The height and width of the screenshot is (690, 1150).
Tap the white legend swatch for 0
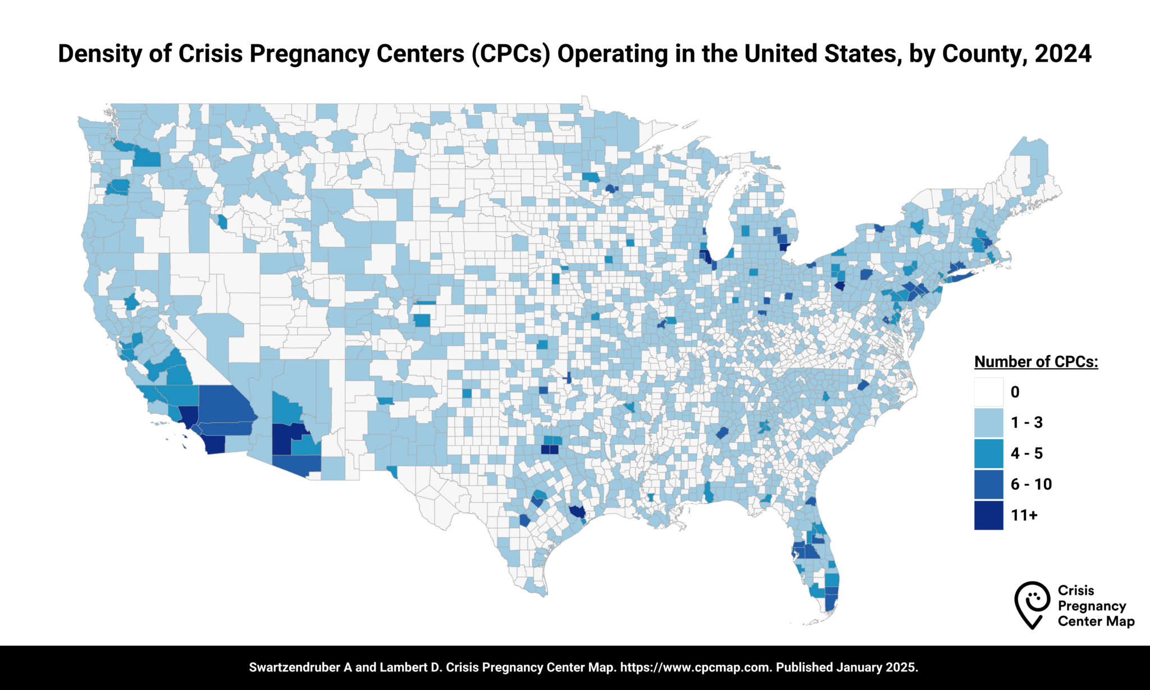[988, 392]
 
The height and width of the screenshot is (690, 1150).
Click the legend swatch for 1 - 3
[988, 423]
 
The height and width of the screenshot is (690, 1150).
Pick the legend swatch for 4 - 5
[988, 454]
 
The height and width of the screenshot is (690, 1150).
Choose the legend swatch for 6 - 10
[988, 484]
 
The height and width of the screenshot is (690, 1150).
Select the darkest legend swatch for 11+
[988, 515]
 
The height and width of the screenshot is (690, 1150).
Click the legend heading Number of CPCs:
[1036, 362]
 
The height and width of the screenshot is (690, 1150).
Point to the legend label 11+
[1024, 515]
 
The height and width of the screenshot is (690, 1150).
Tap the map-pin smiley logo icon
[1032, 604]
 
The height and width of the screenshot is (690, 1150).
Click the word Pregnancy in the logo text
[1092, 606]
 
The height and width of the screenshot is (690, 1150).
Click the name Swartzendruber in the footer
[295, 668]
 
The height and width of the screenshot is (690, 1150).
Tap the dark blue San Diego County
[215, 444]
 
